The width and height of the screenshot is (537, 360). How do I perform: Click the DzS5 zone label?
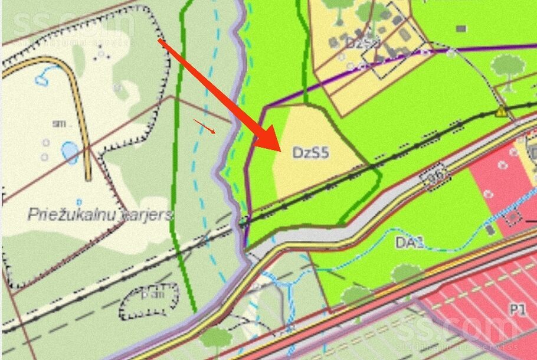[x=310, y=153]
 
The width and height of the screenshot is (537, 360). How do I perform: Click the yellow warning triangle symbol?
[x=501, y=112]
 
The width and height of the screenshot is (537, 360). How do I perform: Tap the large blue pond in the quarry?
[x=70, y=152]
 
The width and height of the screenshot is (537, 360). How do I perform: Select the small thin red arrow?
[x=205, y=126]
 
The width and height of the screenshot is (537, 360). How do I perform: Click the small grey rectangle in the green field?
[x=461, y=28]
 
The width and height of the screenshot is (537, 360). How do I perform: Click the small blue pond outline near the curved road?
[x=42, y=77]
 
